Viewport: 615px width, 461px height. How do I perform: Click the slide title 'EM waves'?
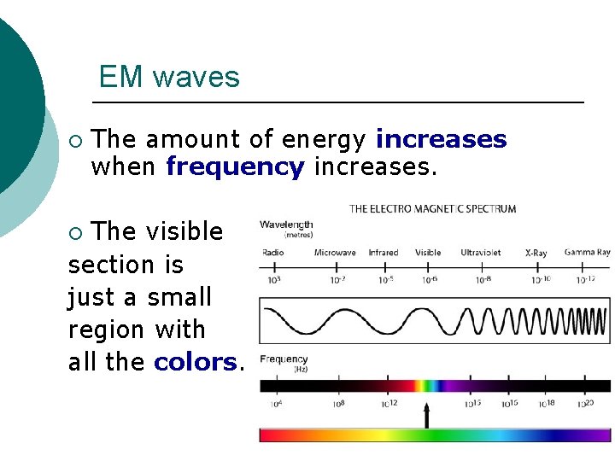(x=169, y=77)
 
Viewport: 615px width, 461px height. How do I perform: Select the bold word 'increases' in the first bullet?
(x=441, y=139)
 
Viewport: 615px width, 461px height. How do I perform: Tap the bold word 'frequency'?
(x=235, y=166)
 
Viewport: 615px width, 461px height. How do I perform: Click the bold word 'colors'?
(x=195, y=362)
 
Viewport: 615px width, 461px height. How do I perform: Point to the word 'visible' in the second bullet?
(x=184, y=231)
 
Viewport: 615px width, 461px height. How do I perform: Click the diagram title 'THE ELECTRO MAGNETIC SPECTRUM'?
(x=432, y=208)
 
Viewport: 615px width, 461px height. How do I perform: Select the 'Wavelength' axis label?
(x=286, y=225)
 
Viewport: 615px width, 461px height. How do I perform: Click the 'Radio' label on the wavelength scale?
(x=272, y=253)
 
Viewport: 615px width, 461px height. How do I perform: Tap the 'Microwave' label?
(x=335, y=253)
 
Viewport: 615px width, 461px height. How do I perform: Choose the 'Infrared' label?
(x=383, y=253)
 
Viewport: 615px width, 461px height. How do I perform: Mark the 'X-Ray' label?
(x=536, y=253)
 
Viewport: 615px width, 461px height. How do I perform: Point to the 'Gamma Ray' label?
(x=587, y=253)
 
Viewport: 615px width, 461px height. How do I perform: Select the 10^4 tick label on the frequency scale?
(x=276, y=403)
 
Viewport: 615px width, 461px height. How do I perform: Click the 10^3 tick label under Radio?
(x=274, y=279)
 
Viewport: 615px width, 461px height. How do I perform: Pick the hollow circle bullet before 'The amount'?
(x=75, y=140)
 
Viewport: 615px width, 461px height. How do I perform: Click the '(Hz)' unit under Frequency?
(x=300, y=369)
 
